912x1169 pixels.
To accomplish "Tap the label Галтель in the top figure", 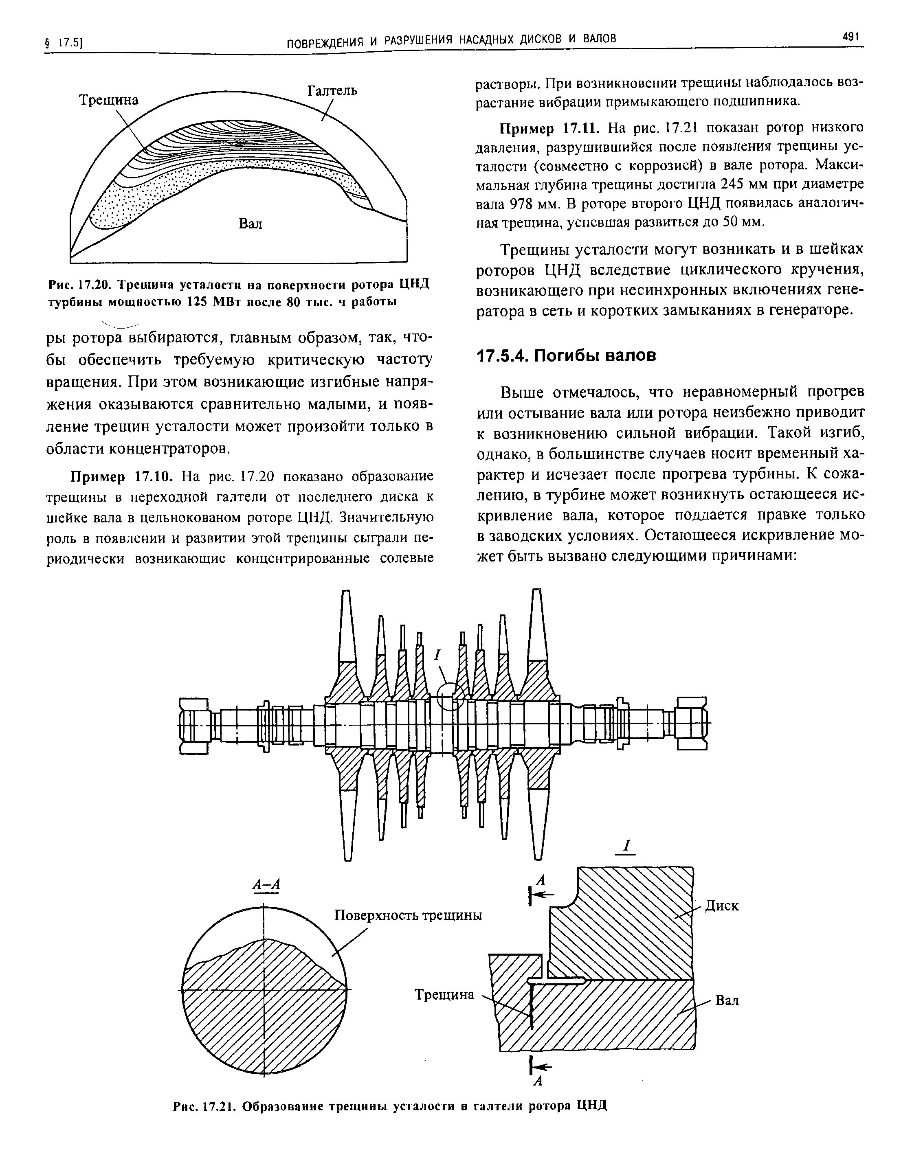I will point(332,91).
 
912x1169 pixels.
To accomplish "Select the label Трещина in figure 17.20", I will point(109,100).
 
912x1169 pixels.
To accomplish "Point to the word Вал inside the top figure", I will point(251,223).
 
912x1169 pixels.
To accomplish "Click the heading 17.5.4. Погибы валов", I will point(566,355).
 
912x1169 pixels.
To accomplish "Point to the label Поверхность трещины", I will point(408,915).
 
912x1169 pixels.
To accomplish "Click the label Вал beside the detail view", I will point(727,1000).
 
